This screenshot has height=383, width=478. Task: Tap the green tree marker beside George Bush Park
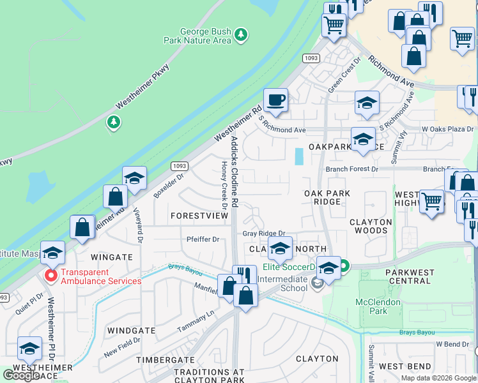241,33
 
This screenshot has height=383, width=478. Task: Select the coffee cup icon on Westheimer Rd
275,100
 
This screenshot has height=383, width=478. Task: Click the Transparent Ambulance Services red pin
50,275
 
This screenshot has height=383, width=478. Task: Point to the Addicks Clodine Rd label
235,170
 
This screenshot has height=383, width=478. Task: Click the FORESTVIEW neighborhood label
199,216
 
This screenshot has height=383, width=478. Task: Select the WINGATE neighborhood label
111,257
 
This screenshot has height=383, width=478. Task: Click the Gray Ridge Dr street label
263,234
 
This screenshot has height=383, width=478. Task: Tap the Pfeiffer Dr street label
203,239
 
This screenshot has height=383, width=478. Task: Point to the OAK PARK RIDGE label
327,197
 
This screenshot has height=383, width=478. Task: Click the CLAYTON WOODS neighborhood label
371,226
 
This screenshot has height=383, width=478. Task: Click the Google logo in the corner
21,375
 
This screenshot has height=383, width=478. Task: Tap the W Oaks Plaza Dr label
447,129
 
